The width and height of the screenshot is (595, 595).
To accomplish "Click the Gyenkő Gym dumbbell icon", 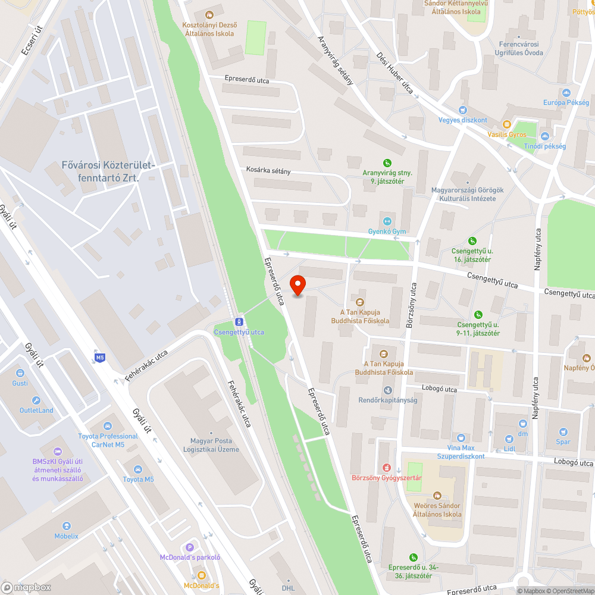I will pos(387,221).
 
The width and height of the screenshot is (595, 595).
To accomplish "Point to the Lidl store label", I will pos(509,449).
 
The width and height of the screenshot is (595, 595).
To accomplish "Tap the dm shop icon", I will pos(522,424).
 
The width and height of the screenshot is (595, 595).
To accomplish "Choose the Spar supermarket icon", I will pos(563,432).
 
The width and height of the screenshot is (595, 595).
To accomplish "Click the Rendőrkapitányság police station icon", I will pos(388,390).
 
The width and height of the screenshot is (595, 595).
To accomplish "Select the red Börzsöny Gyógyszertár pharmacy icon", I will pos(387,468).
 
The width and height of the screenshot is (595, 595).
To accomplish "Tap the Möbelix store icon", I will pos(66,527).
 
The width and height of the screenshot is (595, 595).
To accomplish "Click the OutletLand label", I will pos(36,410).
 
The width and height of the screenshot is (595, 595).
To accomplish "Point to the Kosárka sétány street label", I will pos(268,170).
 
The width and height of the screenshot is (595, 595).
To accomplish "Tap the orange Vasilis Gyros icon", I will pos(506,124).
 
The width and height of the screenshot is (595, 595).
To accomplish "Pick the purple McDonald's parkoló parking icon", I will pos(190,547).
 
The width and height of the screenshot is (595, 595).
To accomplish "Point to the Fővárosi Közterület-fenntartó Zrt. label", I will pos(101,171).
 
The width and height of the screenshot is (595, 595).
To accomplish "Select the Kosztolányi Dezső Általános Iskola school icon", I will pos(209,14).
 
